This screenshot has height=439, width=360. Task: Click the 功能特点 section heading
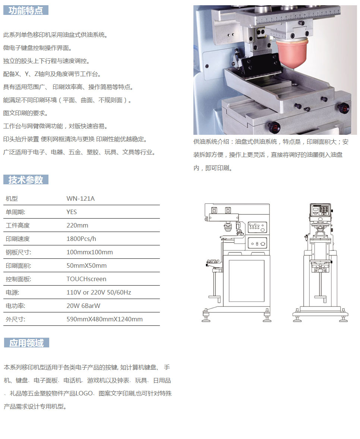(x=26, y=10)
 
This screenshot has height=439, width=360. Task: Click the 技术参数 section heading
(x=26, y=180)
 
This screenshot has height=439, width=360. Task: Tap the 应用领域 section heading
(x=26, y=343)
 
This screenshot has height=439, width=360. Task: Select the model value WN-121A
(x=81, y=198)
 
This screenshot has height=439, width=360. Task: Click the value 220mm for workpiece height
(x=77, y=225)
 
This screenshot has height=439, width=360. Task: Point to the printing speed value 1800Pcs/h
(x=81, y=239)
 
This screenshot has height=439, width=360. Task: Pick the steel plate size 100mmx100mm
(x=90, y=252)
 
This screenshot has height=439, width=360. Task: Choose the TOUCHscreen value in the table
(x=86, y=279)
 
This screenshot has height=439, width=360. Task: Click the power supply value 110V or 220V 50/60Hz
(x=99, y=293)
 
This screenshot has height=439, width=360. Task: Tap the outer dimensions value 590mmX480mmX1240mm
(x=104, y=319)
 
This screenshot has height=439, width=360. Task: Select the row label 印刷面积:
(x=19, y=266)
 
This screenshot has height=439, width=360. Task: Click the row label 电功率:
(x=15, y=306)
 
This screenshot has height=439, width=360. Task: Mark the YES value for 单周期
(x=72, y=212)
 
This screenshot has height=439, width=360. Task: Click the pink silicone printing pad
(x=292, y=54)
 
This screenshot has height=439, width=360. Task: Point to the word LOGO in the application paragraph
(x=84, y=393)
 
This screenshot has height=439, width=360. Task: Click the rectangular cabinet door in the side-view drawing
(x=247, y=281)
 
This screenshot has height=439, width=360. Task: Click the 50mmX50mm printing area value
(x=86, y=266)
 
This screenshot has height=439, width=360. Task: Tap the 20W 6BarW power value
(x=83, y=306)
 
